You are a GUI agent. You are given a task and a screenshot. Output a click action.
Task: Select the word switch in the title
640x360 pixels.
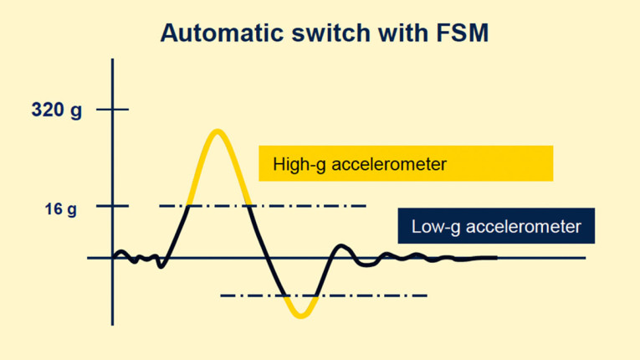click(x=325, y=33)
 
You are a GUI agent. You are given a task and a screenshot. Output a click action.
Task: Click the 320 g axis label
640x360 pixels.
click(x=57, y=110)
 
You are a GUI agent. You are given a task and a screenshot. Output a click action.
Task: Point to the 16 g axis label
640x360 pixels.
click(x=60, y=208)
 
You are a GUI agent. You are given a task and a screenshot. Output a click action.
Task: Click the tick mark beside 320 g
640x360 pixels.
click(x=113, y=110)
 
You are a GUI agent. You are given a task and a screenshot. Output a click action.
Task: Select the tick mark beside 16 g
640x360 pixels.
click(x=113, y=206)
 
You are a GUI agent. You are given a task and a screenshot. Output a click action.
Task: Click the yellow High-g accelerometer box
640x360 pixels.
click(x=406, y=163)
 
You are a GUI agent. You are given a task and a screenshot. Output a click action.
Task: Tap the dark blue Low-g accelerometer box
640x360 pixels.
click(x=496, y=226)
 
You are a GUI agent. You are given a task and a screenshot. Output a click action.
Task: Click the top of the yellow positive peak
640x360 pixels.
click(x=218, y=131)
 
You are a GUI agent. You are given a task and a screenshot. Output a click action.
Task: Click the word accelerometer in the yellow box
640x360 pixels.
click(x=389, y=164)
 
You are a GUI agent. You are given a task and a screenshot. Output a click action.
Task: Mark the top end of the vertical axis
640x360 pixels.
click(x=112, y=60)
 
